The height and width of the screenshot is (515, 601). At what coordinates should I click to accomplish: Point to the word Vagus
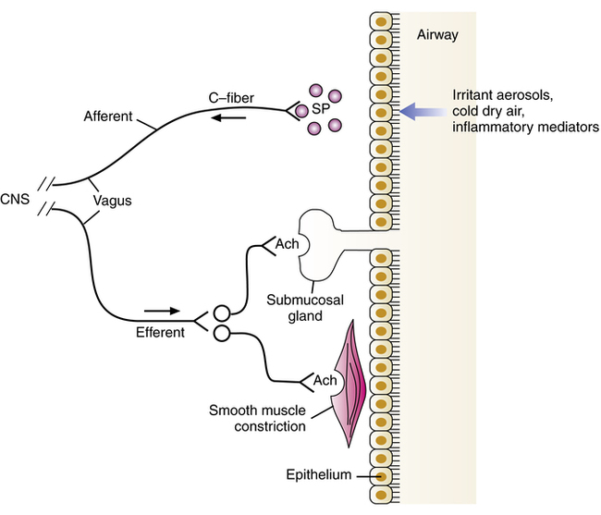tap(112, 199)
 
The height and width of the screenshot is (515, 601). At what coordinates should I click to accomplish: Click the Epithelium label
tap(319, 476)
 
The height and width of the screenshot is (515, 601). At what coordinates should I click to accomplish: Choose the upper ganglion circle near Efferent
tap(222, 313)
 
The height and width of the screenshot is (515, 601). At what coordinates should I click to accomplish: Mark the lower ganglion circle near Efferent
tap(222, 333)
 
